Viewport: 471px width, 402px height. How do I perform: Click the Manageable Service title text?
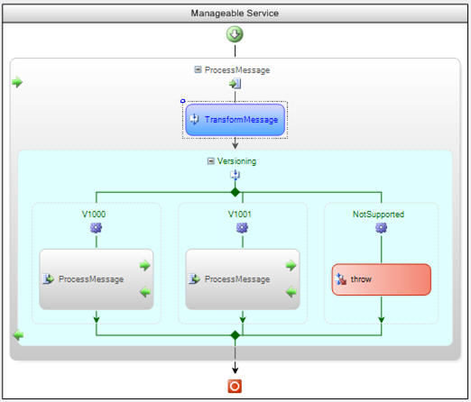coord(235,14)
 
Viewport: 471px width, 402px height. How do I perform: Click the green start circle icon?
coord(235,34)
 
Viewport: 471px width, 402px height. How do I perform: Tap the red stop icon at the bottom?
coord(235,386)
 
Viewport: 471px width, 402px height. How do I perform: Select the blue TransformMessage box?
coord(235,120)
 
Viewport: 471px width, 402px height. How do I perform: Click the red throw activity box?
coord(382,279)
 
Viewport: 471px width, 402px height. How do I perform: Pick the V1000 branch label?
coord(94,215)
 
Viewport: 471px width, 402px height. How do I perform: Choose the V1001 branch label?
coord(240,215)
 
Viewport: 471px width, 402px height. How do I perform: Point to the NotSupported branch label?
coord(378,215)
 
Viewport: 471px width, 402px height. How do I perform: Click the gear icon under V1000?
coord(96,228)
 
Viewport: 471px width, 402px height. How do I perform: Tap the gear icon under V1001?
coord(242,228)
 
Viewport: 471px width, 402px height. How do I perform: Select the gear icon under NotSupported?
coord(382,228)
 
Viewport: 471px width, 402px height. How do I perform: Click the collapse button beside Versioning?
coord(211,161)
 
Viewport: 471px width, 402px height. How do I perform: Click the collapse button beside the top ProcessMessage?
coord(198,69)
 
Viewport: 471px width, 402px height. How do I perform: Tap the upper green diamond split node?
coord(235,192)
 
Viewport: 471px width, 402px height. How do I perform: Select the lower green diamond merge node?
coord(235,335)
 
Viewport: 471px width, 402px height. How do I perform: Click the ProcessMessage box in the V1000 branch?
coord(97,279)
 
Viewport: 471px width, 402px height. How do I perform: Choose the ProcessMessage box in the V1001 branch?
coord(243,279)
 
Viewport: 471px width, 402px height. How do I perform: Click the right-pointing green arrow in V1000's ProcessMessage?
coord(145,265)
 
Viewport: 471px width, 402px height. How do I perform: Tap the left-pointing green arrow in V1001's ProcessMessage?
coord(291,292)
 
